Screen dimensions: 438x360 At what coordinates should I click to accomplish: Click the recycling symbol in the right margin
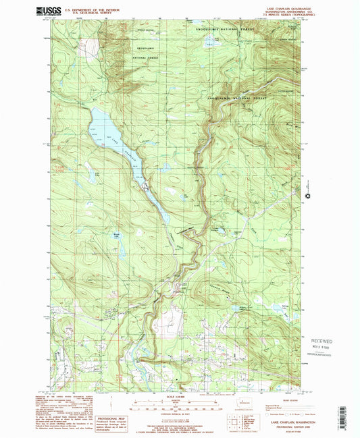point(310,196)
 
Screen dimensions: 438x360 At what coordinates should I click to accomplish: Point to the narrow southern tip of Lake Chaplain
point(166,219)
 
